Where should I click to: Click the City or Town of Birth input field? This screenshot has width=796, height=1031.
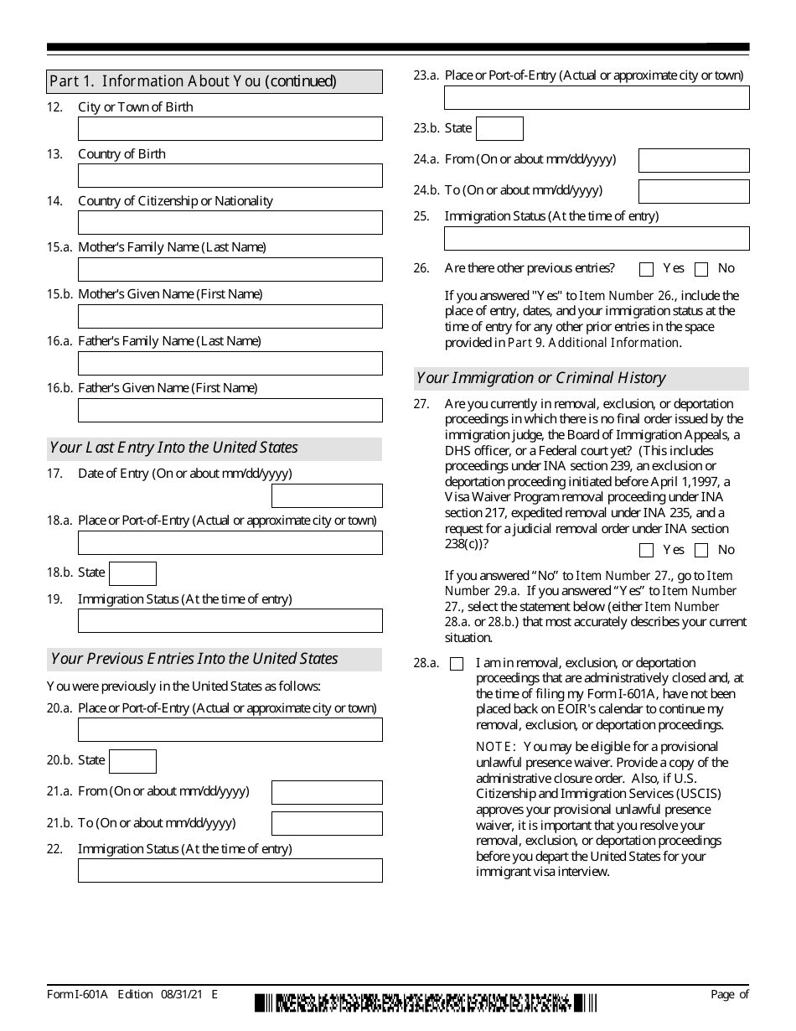pyautogui.click(x=230, y=129)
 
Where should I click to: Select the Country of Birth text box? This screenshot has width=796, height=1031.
pyautogui.click(x=230, y=176)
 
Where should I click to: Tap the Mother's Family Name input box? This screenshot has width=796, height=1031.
pyautogui.click(x=230, y=270)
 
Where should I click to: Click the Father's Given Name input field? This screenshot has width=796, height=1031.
pyautogui.click(x=230, y=411)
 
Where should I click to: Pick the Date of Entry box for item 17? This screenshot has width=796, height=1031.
pyautogui.click(x=327, y=496)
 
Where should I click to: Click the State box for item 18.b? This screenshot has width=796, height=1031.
pyautogui.click(x=132, y=573)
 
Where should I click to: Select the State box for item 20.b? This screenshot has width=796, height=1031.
pyautogui.click(x=132, y=761)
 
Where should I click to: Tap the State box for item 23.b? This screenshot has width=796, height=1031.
pyautogui.click(x=499, y=129)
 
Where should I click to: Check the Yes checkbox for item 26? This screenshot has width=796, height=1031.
pyautogui.click(x=646, y=270)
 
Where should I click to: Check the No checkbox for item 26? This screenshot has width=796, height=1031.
pyautogui.click(x=701, y=270)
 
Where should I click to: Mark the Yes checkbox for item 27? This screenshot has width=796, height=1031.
pyautogui.click(x=646, y=551)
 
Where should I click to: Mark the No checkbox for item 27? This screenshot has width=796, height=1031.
pyautogui.click(x=701, y=551)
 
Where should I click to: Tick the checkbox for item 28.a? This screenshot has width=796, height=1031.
pyautogui.click(x=457, y=664)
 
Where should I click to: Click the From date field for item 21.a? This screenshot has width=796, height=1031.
pyautogui.click(x=327, y=792)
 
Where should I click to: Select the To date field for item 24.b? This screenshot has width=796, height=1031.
pyautogui.click(x=694, y=191)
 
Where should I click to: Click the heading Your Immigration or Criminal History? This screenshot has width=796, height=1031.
pyautogui.click(x=540, y=378)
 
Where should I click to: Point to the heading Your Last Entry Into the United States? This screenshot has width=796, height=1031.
pyautogui.click(x=173, y=448)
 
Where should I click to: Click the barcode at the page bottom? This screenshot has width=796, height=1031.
pyautogui.click(x=426, y=1003)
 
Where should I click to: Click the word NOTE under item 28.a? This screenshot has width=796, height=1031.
pyautogui.click(x=492, y=747)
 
